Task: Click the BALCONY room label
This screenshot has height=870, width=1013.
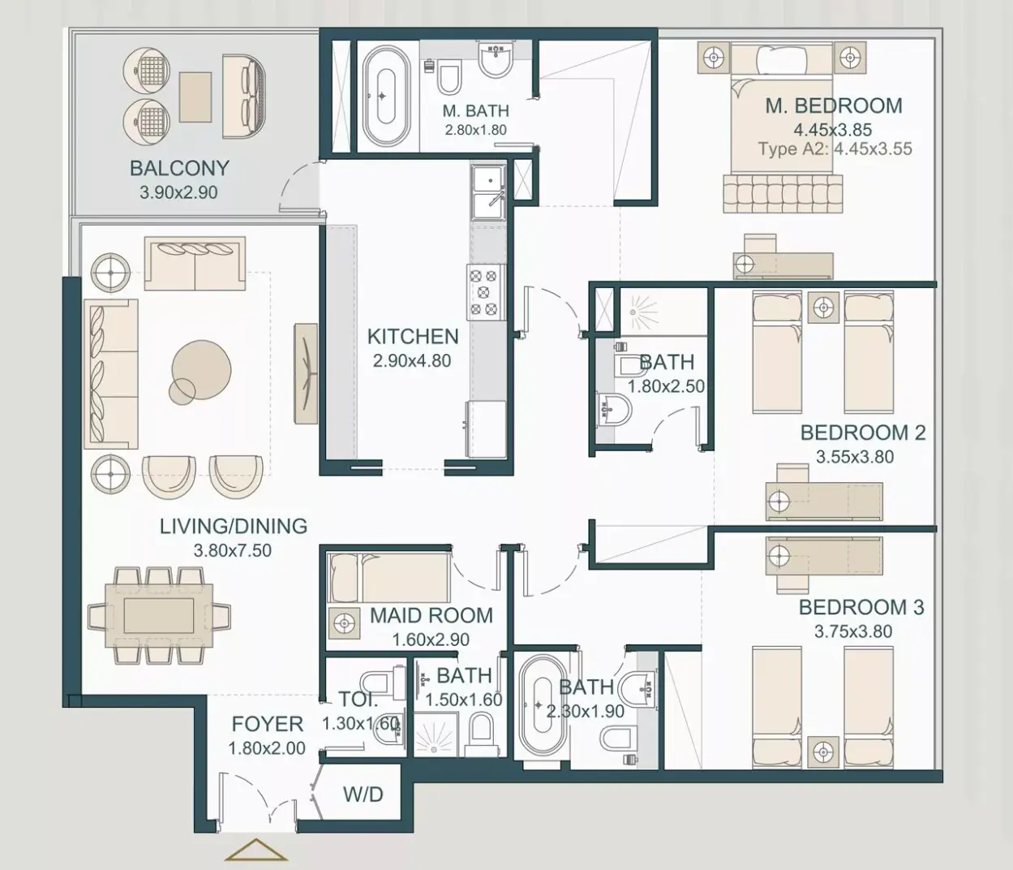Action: pos(179,168)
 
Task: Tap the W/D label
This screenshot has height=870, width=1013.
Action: pos(363,794)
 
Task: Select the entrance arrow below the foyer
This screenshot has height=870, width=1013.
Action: pos(255,850)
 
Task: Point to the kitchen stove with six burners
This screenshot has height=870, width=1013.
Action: pos(486,292)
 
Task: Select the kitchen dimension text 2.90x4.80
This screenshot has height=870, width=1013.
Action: pos(412,361)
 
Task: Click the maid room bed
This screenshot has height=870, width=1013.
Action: pos(388,577)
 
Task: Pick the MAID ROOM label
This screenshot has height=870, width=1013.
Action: pos(431,615)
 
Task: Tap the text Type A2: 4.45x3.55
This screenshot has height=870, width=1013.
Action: pos(835,149)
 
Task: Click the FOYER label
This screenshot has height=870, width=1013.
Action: pos(267,724)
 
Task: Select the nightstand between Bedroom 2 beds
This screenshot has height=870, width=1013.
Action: pos(823,308)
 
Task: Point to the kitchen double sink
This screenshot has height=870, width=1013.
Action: pos(487,192)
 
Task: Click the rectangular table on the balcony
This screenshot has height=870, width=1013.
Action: pos(195,97)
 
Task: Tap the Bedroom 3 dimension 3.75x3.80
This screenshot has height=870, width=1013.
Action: pos(853,631)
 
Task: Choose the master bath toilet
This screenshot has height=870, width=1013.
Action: pos(449,77)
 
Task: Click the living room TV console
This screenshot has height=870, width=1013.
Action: pos(305,373)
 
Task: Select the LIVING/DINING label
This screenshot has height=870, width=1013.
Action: pos(234,526)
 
